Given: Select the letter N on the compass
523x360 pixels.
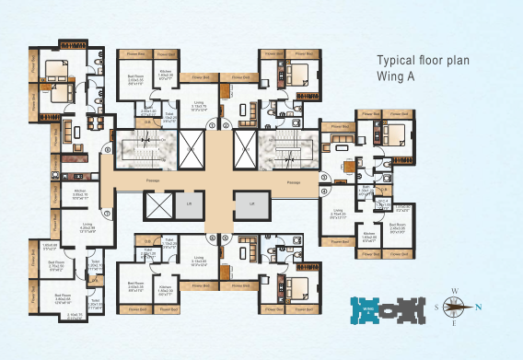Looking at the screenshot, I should coord(477,308).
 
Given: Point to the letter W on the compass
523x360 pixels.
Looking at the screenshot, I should coord(455,290).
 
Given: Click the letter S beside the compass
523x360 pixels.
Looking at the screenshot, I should coord(436,308).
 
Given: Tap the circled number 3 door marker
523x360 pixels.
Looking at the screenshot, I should coord(323,175).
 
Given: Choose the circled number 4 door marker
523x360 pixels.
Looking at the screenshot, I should coord(323,192).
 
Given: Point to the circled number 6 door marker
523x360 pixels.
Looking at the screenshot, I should coord(212,238).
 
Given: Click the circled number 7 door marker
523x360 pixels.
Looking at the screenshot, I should coord(108,214).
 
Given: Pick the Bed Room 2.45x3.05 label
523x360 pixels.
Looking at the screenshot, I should coord(398,226).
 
